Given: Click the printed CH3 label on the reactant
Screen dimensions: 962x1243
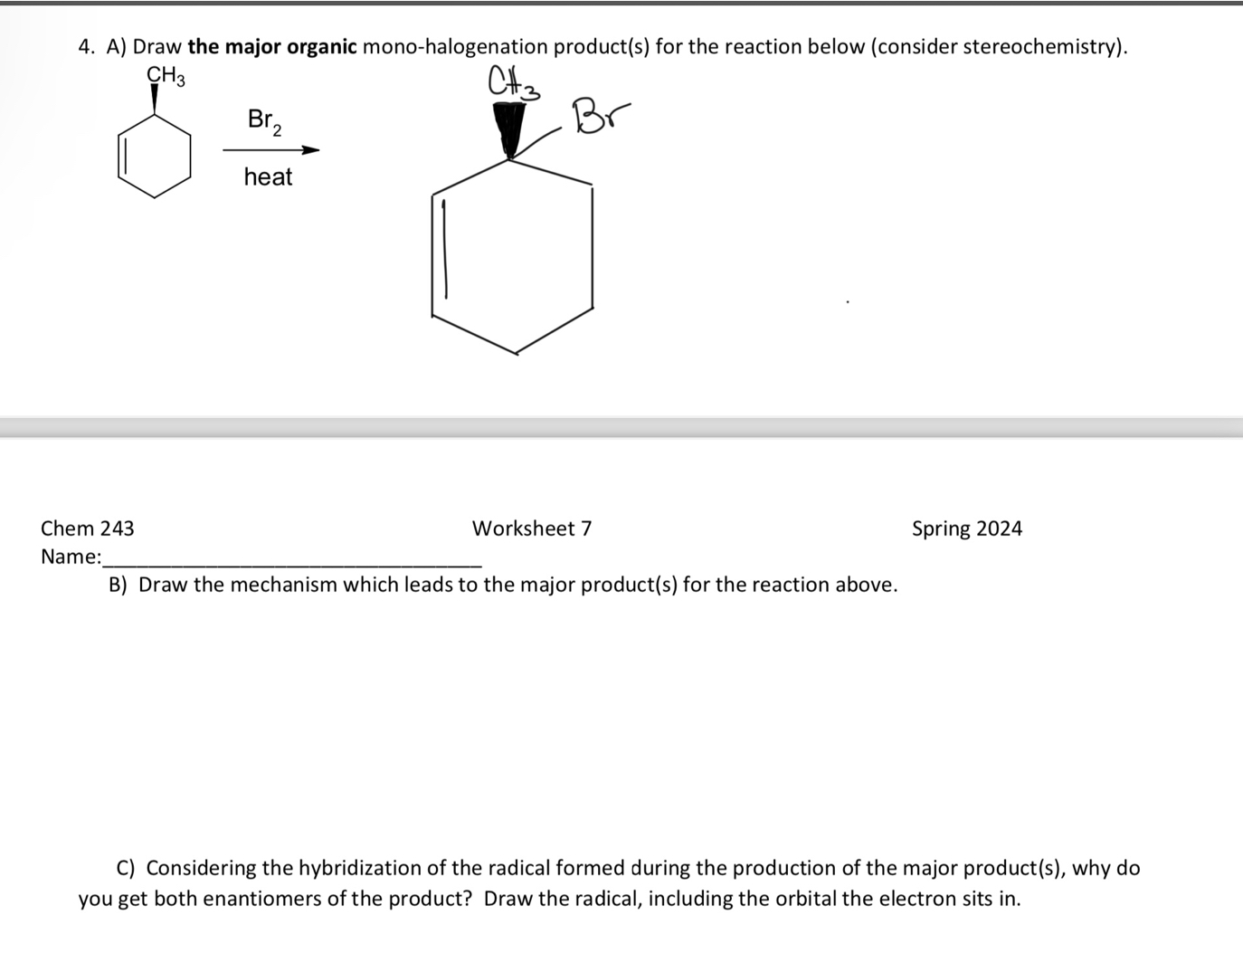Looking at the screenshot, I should click(x=166, y=76).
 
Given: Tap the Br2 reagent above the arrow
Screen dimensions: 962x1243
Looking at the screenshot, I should click(x=263, y=120).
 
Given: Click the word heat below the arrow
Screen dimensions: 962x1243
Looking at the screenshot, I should click(x=268, y=176).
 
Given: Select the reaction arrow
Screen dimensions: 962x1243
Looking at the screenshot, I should click(x=270, y=150).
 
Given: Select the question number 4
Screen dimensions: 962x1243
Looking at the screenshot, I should click(x=85, y=47).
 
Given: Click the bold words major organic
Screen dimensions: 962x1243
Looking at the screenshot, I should click(x=272, y=47).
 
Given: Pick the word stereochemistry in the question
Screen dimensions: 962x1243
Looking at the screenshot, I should click(x=1040, y=47).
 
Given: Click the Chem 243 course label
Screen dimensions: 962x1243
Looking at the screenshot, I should click(x=87, y=529).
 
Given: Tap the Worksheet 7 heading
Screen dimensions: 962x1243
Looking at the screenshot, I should click(x=532, y=529).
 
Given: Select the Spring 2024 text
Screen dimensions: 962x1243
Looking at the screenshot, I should click(x=966, y=529).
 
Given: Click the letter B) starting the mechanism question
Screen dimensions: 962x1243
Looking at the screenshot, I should click(x=118, y=585).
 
